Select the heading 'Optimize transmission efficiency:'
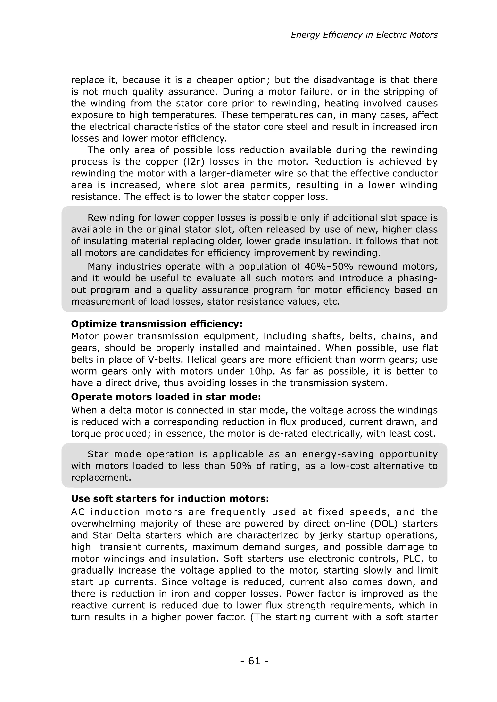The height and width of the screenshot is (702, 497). (x=157, y=324)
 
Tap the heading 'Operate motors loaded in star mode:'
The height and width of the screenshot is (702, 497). (x=166, y=397)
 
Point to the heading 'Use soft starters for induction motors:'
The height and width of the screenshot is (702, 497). (x=170, y=498)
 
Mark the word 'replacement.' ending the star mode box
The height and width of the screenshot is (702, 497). (x=101, y=478)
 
